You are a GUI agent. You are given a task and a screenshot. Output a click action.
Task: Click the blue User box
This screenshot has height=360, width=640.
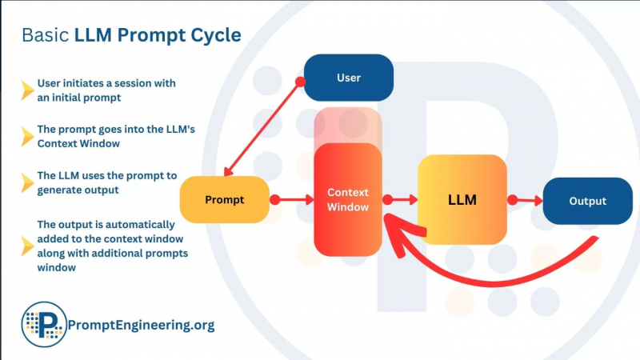pos(349,78)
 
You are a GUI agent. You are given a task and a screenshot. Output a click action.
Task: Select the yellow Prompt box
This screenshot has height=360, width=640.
pos(225,199)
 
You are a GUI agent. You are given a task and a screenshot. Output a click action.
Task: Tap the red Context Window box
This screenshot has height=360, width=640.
pos(348,200)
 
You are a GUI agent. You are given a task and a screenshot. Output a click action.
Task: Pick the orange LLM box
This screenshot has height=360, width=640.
pos(462,200)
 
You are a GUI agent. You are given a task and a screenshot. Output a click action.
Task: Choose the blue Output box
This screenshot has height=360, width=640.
pos(587,201)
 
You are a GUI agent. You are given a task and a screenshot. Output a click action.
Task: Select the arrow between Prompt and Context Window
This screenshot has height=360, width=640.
pos(292,199)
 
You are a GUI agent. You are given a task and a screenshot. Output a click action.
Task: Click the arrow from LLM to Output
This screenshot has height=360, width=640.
pos(526,200)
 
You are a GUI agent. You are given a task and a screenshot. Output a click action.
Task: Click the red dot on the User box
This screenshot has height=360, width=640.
pos(301,82)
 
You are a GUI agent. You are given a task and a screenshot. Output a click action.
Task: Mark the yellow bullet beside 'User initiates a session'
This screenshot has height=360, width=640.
pos(27,90)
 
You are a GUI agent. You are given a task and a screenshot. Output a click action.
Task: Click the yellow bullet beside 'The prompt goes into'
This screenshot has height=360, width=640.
pos(27,136)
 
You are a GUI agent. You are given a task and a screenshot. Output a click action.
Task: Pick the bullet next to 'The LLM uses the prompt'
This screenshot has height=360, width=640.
pos(27,182)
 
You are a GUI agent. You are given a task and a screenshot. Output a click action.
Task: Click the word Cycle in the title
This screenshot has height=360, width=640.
pos(210,36)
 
